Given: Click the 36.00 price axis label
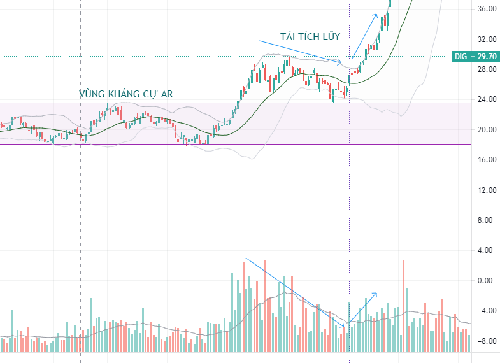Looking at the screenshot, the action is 487,9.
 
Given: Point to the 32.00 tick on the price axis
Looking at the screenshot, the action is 487,39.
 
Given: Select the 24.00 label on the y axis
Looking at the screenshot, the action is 487,99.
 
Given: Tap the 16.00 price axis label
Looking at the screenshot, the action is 487,160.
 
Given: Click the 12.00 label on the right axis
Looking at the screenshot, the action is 487,190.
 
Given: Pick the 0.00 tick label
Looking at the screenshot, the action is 485,281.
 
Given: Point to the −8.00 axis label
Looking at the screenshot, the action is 485,341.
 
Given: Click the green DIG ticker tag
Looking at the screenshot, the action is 461,57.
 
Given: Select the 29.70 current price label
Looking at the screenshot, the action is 487,57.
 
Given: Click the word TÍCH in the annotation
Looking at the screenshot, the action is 310,36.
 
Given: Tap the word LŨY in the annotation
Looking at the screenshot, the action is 332,36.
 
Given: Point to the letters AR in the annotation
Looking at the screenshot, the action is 167,94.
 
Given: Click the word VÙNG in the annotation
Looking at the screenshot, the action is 92,94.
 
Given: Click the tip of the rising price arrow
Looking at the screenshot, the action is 377,14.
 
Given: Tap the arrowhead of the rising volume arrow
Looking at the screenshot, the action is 376,293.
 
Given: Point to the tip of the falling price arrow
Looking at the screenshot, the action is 341,63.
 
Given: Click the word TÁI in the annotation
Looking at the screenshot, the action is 289,36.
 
